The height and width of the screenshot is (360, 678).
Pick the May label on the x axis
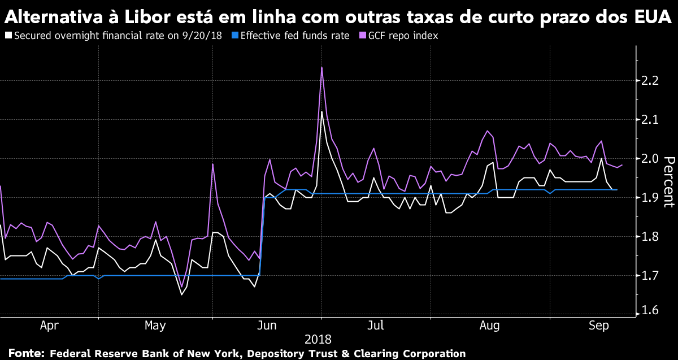tap(155, 326)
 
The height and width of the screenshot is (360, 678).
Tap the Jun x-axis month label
tap(267, 326)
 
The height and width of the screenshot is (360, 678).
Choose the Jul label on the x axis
tap(376, 326)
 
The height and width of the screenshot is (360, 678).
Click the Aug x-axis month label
tap(489, 326)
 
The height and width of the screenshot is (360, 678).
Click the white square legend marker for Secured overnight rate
tap(8, 36)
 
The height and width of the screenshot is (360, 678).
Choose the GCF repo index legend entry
tap(402, 36)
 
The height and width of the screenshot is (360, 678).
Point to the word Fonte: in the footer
tap(27, 353)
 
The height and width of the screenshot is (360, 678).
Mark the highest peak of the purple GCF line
tap(321, 68)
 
